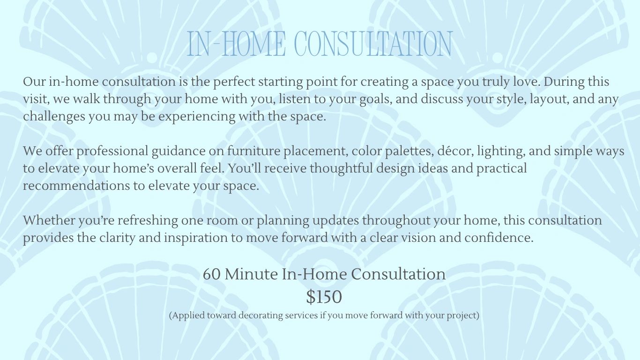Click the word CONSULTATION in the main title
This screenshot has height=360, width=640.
pos(373,44)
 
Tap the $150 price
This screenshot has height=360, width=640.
pos(324,297)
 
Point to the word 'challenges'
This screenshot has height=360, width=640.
pos(54,117)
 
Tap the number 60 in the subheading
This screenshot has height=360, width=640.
pos(212,274)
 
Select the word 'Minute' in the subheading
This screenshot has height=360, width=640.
pos(252,274)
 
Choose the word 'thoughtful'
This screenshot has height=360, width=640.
pos(342,169)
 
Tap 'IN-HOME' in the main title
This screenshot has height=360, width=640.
pos(236,44)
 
